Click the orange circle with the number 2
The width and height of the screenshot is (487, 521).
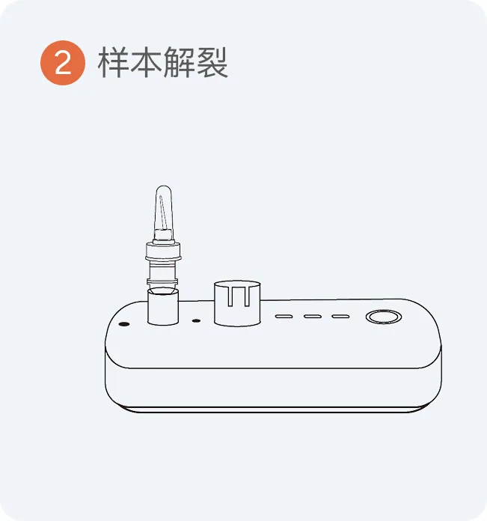point(63,63)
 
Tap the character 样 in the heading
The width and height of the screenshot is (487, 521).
point(112,62)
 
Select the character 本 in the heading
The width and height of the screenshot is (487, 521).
point(145,62)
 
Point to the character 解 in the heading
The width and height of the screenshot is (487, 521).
point(179,62)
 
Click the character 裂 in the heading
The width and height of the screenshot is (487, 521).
point(212,62)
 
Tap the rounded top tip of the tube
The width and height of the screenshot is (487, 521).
point(164,187)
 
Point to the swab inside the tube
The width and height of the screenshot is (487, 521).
point(162,213)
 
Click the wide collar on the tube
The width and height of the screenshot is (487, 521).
point(163,252)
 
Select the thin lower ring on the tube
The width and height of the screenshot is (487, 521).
point(162,281)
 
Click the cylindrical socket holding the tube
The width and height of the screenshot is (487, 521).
point(163,308)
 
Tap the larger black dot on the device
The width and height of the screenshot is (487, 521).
point(124,324)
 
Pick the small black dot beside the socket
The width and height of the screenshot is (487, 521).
point(197,321)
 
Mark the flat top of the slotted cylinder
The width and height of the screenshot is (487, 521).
point(237,284)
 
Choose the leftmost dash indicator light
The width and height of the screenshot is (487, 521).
point(284,317)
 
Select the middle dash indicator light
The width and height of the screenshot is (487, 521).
point(313,317)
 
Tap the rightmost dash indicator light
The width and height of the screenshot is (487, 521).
point(340,317)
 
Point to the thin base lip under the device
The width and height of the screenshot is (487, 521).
point(273,409)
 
